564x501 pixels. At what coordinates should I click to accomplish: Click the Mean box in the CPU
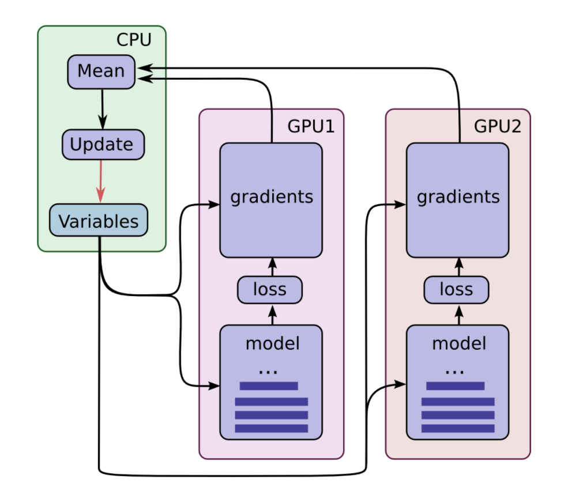tap(101, 71)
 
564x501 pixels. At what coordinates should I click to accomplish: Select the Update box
tap(103, 144)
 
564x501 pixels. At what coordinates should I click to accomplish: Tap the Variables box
tap(98, 220)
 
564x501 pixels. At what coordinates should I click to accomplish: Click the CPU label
tap(134, 40)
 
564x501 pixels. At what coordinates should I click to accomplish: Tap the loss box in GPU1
tap(270, 289)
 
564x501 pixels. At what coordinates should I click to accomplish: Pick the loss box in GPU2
tap(456, 289)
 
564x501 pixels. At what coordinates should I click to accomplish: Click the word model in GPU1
tap(272, 343)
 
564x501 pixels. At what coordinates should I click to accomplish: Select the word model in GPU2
tap(458, 343)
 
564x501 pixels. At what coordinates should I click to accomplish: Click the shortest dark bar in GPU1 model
tap(269, 386)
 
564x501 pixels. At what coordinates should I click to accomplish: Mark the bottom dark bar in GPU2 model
tap(458, 428)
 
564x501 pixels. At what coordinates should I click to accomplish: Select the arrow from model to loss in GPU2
tap(459, 315)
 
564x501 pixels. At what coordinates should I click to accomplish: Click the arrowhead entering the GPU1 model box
tap(214, 384)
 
